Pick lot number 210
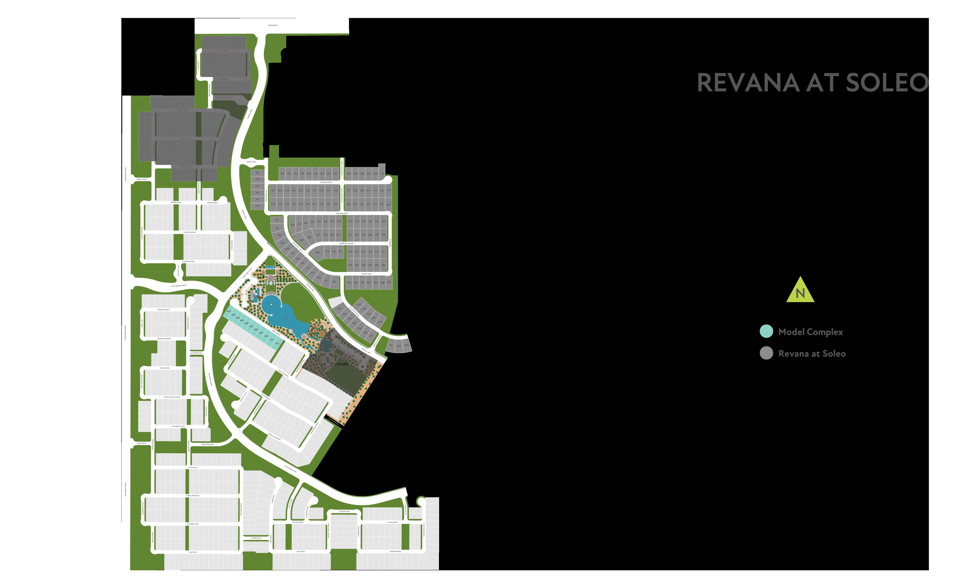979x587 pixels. (382, 173)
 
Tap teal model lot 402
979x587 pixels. (229, 311)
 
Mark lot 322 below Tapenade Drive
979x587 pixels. (277, 220)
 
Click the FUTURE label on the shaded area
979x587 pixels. (341, 364)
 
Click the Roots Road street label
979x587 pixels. (366, 274)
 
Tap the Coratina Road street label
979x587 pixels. (190, 232)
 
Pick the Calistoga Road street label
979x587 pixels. (283, 372)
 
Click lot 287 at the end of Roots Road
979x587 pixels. (389, 282)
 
